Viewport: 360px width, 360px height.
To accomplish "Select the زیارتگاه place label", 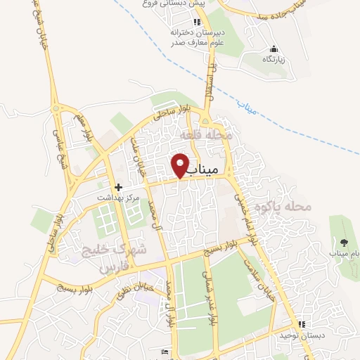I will [274, 60].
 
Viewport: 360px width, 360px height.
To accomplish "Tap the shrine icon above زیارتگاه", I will [274, 49].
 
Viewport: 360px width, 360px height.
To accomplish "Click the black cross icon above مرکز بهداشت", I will [118, 188].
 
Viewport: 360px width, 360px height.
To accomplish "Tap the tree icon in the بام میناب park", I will [343, 243].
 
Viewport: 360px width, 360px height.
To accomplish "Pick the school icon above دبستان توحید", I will [302, 324].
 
